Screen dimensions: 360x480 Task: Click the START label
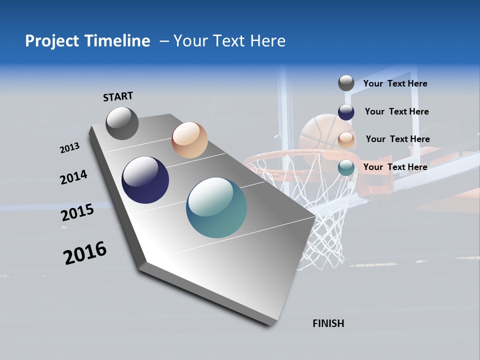(118, 96)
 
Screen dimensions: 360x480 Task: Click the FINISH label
(328, 323)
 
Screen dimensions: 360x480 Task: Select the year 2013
(69, 148)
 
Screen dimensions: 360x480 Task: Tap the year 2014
(73, 177)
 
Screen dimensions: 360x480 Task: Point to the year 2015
(77, 212)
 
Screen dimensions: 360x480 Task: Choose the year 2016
(84, 253)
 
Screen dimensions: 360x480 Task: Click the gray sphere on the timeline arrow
(122, 123)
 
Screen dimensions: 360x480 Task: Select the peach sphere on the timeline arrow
(189, 140)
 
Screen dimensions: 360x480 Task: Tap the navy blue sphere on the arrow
(145, 180)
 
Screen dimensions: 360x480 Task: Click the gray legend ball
(346, 83)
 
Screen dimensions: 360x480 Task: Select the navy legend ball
(346, 111)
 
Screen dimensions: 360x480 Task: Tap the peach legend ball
(346, 139)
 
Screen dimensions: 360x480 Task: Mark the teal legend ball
(346, 167)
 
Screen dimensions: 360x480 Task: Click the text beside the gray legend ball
(395, 83)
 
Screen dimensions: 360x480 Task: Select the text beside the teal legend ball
(395, 167)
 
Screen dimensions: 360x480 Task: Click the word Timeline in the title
(117, 41)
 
